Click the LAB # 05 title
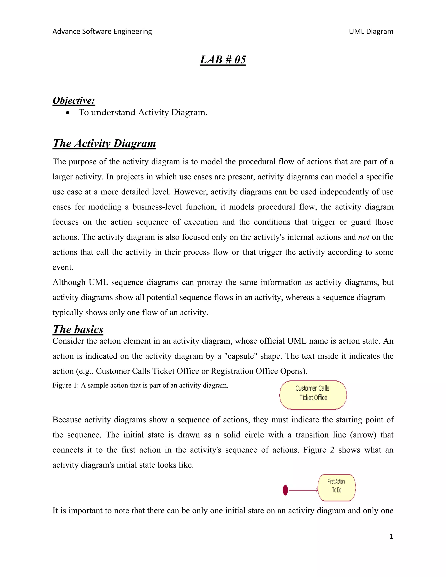click(223, 60)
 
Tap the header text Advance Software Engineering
click(102, 31)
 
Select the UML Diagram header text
click(371, 31)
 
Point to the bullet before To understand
click(68, 113)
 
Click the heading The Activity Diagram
click(104, 143)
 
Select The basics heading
click(78, 329)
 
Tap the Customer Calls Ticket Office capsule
click(313, 395)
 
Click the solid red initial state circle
click(285, 490)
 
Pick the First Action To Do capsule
click(337, 488)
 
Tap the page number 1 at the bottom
click(391, 537)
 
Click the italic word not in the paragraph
click(363, 237)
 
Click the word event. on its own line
click(63, 267)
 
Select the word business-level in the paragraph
click(157, 207)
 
